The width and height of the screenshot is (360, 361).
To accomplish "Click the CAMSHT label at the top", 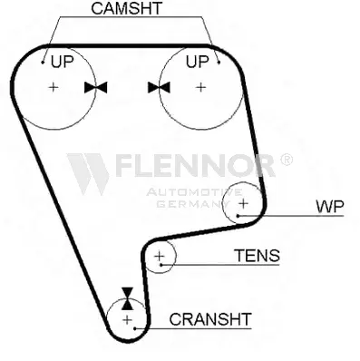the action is coord(127,8).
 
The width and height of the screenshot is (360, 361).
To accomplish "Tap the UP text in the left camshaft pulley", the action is coord(63,62).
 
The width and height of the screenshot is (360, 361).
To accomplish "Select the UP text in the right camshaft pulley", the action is coord(197,62).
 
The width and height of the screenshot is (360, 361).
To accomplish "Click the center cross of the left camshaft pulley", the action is coord(54,87).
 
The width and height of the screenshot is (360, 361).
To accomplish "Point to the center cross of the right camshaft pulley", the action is coord(200,87).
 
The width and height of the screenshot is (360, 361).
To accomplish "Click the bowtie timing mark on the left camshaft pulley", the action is coord(96,87).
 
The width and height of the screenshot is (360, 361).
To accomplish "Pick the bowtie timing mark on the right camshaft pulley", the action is coord(159,87).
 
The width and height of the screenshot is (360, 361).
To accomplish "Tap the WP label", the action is coord(330,207).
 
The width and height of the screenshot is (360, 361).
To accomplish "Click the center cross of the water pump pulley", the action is coord(244,203).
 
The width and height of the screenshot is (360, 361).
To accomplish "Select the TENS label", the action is coord(258,256).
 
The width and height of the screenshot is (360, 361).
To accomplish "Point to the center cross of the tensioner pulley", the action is coord(160,257).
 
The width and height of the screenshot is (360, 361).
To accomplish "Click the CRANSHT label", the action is coord(210,319).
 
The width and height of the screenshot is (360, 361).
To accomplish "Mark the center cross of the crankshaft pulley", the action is coord(128,319).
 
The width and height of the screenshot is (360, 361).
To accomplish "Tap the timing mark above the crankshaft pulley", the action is coord(127,298).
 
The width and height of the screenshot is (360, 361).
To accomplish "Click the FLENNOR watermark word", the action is coord(195,165).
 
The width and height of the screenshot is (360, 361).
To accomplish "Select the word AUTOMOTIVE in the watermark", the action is coord(194,192).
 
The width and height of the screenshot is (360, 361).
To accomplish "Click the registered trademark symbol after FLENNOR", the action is coord(286,160).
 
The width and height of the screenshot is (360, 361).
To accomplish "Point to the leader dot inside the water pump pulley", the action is coord(238,216).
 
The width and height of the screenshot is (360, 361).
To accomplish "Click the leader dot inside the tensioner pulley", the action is coord(161,265).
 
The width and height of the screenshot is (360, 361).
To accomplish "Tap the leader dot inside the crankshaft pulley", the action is coord(136,328).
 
